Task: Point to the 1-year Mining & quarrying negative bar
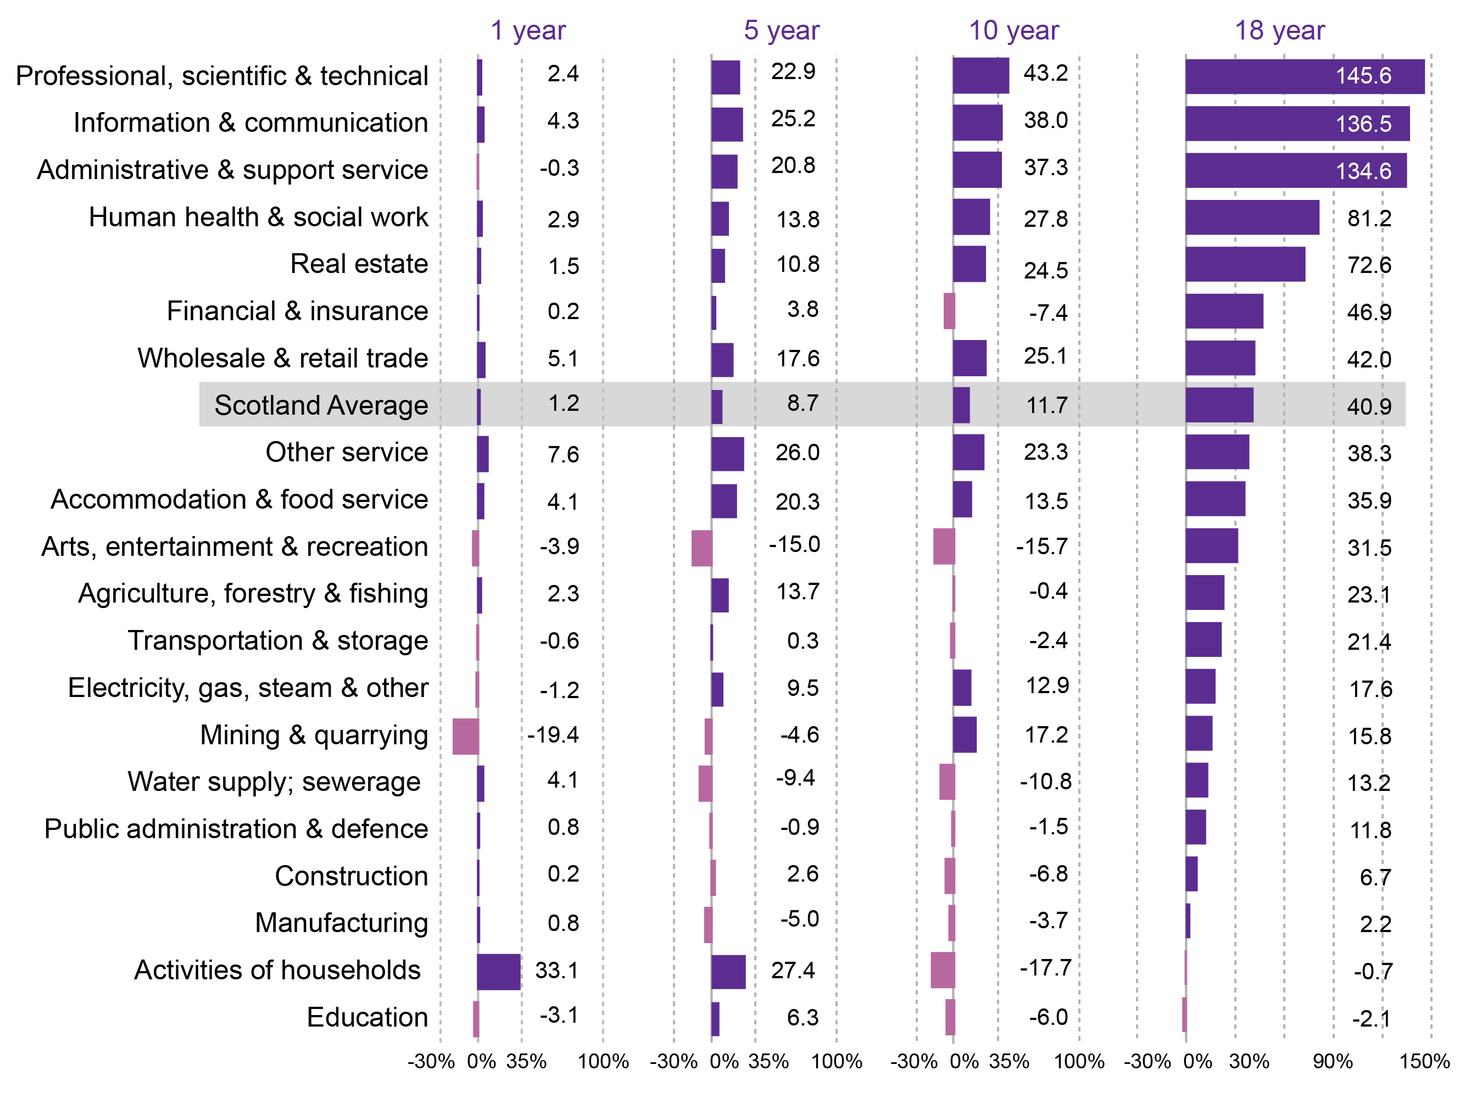point(465,735)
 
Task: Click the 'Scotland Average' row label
point(321,405)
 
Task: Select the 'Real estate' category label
point(359,264)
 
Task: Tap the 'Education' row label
point(366,1017)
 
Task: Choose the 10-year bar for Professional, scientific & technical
point(980,76)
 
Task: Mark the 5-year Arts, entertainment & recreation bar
point(701,548)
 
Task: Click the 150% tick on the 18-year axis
point(1424,1061)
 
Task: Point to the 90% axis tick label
point(1332,1061)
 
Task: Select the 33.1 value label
point(556,971)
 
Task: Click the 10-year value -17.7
point(1045,968)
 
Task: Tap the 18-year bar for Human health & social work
point(1251,217)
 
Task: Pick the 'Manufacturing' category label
point(341,923)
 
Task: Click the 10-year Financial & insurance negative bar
point(949,311)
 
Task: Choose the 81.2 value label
point(1369,219)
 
